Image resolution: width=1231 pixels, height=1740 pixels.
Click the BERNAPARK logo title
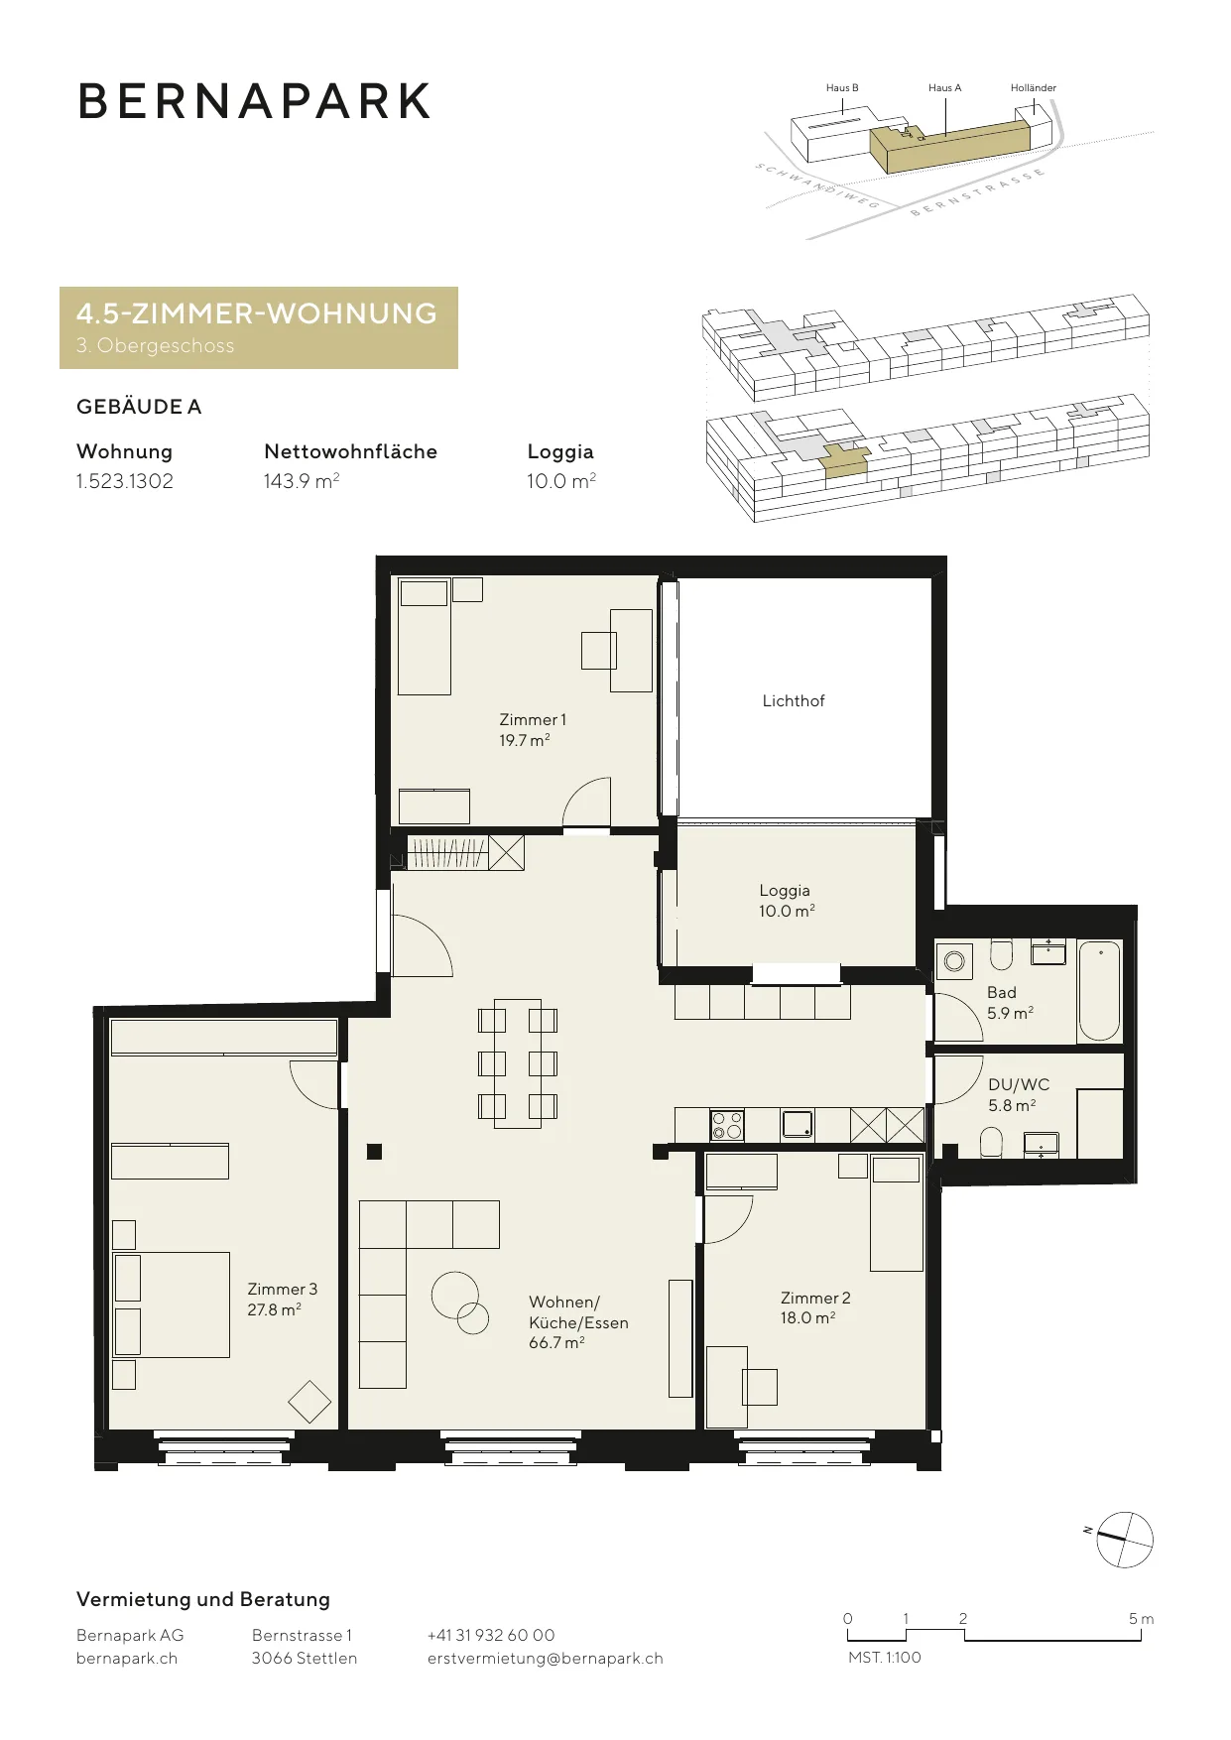coord(254,101)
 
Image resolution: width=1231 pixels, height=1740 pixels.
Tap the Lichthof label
coord(794,700)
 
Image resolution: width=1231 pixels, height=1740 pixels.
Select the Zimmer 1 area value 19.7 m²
coord(525,740)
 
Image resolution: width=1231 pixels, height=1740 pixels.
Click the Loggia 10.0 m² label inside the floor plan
coord(787,901)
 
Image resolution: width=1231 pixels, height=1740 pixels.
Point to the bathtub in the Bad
coord(1099,991)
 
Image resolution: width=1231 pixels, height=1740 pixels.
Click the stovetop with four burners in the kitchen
coord(727,1125)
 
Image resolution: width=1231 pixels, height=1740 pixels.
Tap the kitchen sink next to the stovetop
coord(798,1124)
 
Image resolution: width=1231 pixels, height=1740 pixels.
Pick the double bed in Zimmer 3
coord(172,1305)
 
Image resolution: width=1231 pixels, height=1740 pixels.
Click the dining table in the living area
coord(518,1063)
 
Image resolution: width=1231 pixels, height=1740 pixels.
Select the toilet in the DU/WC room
coord(991,1143)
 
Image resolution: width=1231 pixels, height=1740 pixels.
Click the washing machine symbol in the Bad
coord(954,960)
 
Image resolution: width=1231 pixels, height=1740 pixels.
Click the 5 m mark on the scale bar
coord(1141,1619)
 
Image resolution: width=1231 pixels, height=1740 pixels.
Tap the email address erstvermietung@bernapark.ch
coord(546,1659)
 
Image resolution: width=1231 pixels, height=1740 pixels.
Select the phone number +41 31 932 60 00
coord(491,1635)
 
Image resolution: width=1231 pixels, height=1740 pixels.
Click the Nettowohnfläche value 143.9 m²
coord(302,481)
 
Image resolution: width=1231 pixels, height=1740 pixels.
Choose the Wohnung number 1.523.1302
coord(125,481)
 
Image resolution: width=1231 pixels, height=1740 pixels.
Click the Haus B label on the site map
coord(842,87)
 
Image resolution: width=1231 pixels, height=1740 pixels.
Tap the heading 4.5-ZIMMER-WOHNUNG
coord(257,313)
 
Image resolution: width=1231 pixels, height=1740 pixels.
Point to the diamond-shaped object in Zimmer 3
coord(309,1403)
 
